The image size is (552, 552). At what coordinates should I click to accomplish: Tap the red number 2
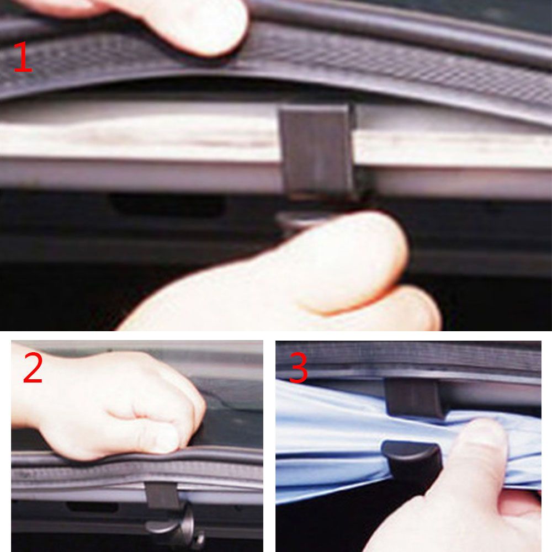pos(33,369)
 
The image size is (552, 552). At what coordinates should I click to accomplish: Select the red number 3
pos(298,368)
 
